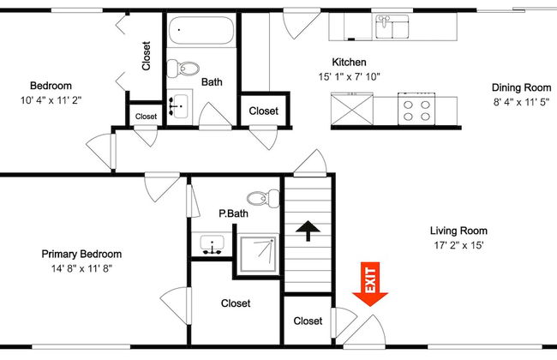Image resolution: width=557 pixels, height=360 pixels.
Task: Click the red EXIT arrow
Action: coord(370,286)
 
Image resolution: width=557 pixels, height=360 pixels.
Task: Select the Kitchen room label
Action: coord(350,63)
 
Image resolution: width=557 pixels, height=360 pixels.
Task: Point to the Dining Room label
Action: coord(520,87)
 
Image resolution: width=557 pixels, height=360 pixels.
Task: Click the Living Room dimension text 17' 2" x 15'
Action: coord(458,245)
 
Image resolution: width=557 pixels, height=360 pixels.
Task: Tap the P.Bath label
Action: coord(233,213)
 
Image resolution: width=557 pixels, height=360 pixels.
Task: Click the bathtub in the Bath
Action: coord(201,33)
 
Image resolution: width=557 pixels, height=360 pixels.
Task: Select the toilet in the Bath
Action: coord(183,67)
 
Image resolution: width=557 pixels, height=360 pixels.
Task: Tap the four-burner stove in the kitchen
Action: coord(416,110)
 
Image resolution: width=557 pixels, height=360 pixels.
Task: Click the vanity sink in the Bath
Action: coord(180,107)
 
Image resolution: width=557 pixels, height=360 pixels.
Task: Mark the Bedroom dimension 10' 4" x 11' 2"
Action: coord(51,99)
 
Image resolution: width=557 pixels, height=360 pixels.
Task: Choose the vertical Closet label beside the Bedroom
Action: coord(147,57)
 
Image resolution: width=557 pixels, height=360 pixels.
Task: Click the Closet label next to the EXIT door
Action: coord(308,321)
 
